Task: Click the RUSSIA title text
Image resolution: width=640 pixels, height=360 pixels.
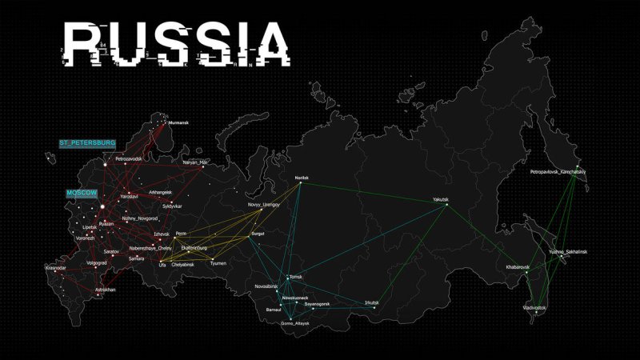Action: (176, 43)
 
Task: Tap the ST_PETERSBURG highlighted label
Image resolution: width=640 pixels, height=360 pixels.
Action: (87, 142)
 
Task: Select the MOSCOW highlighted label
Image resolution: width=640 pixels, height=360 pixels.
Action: (81, 194)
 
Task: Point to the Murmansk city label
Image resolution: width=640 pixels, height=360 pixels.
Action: (178, 122)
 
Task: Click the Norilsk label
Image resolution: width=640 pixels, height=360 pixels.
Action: (301, 177)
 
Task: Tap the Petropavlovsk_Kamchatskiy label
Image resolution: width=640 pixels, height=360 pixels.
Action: (558, 171)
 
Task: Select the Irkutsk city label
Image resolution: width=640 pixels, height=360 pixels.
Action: (371, 302)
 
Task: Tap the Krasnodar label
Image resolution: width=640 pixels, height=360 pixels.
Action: (55, 267)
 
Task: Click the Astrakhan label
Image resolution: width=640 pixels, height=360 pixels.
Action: (106, 289)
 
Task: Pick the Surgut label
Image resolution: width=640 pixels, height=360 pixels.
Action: (258, 233)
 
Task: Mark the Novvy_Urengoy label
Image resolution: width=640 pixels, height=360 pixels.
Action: (265, 205)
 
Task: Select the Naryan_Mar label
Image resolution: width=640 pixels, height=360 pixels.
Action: (195, 162)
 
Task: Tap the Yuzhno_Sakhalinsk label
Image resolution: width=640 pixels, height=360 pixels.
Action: (567, 252)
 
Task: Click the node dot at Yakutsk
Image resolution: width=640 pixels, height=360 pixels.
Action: (446, 206)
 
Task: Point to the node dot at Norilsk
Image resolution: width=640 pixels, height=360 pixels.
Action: (301, 183)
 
